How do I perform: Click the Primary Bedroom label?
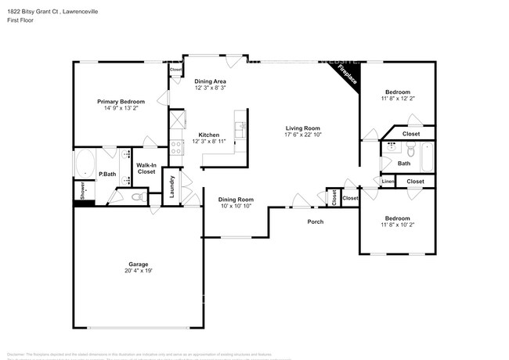click(121, 102)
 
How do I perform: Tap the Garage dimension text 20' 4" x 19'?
click(138, 271)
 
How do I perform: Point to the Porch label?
click(315, 221)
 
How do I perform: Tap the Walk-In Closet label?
click(147, 168)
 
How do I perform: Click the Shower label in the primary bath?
click(80, 189)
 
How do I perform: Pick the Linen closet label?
click(388, 182)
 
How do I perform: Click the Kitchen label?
click(208, 134)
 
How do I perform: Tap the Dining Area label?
click(211, 81)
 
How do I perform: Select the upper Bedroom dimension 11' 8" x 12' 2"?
click(395, 99)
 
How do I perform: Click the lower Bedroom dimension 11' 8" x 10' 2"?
click(395, 225)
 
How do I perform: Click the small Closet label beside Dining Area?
click(175, 70)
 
